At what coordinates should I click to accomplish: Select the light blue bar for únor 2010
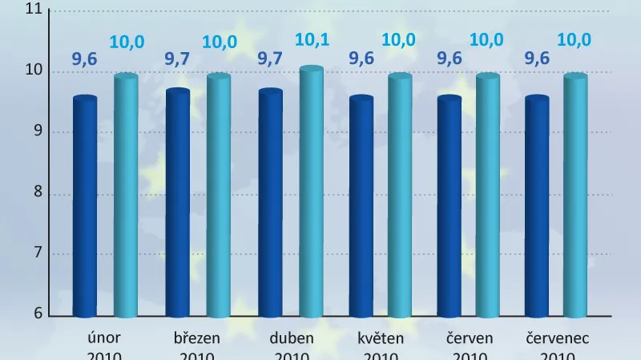pyautogui.click(x=126, y=196)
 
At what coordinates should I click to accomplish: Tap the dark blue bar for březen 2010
pyautogui.click(x=177, y=204)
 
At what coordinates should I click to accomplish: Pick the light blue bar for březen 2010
pyautogui.click(x=218, y=196)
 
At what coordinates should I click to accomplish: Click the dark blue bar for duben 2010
pyautogui.click(x=270, y=204)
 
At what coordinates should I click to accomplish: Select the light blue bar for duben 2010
pyautogui.click(x=311, y=192)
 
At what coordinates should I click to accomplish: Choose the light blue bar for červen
pyautogui.click(x=487, y=196)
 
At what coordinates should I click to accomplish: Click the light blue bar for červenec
pyautogui.click(x=575, y=196)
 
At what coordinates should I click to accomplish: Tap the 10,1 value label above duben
pyautogui.click(x=312, y=38)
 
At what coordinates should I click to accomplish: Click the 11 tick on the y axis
pyautogui.click(x=34, y=10)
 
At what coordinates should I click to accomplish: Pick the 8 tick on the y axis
pyautogui.click(x=37, y=193)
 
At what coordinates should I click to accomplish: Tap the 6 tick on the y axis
pyautogui.click(x=37, y=314)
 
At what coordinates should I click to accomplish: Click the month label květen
pyautogui.click(x=381, y=338)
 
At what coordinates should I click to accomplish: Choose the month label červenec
pyautogui.click(x=557, y=338)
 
